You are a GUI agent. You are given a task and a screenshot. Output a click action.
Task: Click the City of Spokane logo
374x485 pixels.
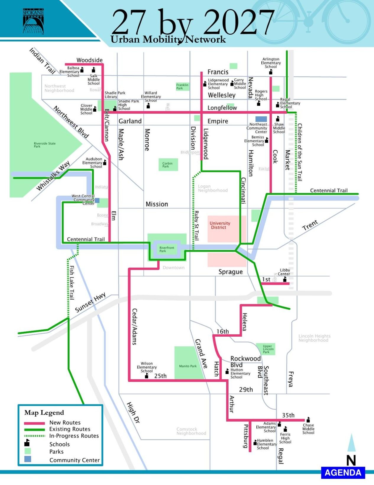(33, 21)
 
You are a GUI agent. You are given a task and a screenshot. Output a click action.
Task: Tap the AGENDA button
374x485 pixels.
(343, 473)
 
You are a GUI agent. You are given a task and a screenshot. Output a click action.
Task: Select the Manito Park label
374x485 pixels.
(188, 366)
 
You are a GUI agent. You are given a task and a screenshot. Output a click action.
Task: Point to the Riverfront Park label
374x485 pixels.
(167, 249)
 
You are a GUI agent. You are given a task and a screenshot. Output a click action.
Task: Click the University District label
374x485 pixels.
(220, 225)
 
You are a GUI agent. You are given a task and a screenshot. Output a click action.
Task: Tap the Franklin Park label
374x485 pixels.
(182, 86)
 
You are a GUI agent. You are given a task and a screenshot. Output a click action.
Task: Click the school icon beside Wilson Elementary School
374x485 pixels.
(147, 376)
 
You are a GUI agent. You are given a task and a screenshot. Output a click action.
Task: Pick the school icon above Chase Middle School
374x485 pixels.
(308, 420)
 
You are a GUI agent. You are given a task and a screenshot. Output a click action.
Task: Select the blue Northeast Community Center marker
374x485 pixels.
(261, 119)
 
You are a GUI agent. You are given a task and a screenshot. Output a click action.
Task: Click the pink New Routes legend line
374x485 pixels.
(34, 423)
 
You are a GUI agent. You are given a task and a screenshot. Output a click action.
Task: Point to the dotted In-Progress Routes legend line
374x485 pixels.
(34, 436)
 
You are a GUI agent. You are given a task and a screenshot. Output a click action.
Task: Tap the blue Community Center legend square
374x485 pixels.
(27, 459)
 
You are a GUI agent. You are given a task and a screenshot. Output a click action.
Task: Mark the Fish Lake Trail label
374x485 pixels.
(72, 282)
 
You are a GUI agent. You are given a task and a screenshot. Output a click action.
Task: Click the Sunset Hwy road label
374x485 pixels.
(90, 303)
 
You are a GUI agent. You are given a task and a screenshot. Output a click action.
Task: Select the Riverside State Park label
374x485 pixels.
(45, 145)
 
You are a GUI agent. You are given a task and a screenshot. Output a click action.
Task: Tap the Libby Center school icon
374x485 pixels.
(285, 279)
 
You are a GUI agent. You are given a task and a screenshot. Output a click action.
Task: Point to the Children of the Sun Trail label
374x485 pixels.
(300, 152)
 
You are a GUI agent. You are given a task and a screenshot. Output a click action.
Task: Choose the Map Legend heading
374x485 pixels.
(44, 413)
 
